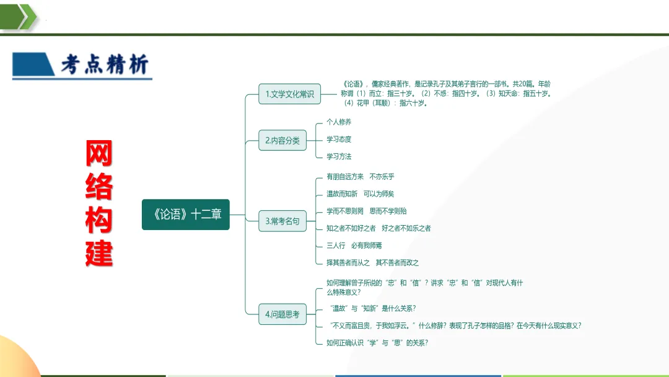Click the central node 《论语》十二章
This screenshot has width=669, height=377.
click(x=186, y=215)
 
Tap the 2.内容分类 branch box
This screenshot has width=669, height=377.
click(x=282, y=141)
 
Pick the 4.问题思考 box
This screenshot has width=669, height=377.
click(x=282, y=315)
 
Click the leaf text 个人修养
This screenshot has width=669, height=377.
click(x=339, y=122)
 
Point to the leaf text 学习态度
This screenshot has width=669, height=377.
click(x=339, y=140)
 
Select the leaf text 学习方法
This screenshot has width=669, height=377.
click(x=339, y=157)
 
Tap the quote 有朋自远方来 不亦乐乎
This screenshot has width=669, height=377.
click(x=361, y=177)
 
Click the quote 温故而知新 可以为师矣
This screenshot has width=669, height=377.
click(x=361, y=194)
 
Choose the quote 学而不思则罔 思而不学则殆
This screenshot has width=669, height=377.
click(x=367, y=211)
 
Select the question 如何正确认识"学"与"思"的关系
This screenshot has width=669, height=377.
click(x=377, y=342)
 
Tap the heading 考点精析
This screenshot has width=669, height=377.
click(x=104, y=65)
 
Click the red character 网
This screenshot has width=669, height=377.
click(x=99, y=154)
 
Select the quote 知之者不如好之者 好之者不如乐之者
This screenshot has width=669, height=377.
click(x=378, y=228)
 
